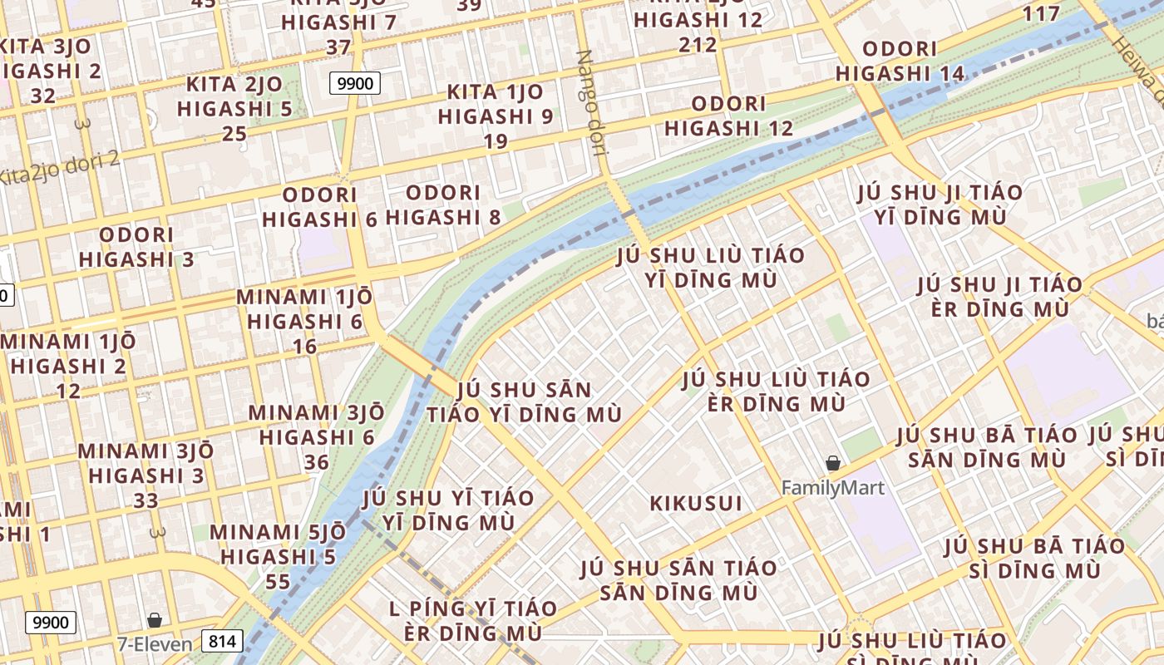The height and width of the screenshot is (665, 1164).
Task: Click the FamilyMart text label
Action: (x=833, y=488)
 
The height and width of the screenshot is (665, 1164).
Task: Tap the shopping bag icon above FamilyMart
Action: (x=833, y=463)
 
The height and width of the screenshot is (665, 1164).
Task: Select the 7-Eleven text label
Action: (x=154, y=643)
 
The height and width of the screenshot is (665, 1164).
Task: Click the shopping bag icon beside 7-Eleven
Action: (x=154, y=620)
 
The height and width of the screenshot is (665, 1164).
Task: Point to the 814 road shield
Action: (x=221, y=642)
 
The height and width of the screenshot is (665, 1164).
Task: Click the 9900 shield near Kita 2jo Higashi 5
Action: (x=356, y=83)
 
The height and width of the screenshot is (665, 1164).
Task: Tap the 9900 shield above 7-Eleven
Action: (x=51, y=622)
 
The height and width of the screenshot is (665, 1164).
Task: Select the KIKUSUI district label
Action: (x=696, y=504)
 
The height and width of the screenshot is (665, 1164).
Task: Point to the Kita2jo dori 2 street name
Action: (x=58, y=168)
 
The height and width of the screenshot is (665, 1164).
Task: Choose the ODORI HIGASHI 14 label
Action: (x=900, y=62)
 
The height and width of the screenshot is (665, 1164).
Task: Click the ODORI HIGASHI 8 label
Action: (x=443, y=205)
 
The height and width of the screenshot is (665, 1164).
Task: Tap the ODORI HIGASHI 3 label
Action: (x=136, y=247)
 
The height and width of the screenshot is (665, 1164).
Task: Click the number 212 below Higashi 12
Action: (x=698, y=44)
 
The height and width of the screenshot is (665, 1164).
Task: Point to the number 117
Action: (x=1041, y=13)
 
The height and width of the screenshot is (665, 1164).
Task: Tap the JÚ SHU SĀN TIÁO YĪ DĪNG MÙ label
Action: (x=525, y=401)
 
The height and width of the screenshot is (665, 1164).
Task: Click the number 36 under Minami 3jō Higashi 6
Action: (x=316, y=462)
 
